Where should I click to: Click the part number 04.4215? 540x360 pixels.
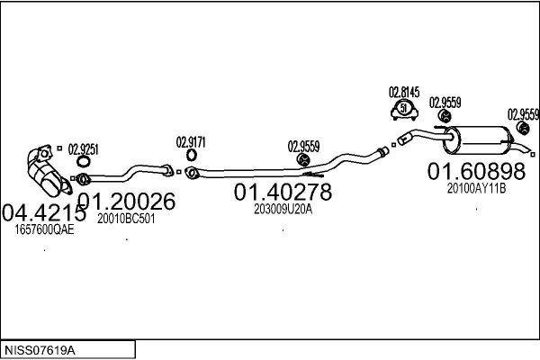44,212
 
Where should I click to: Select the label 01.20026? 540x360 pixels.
127,202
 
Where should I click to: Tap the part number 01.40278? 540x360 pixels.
283,192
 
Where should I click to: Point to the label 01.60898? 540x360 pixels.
477,171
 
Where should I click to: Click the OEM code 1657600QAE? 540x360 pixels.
44,229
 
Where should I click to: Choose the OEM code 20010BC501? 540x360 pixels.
126,219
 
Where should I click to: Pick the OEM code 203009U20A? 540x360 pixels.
283,209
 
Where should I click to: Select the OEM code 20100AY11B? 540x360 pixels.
477,188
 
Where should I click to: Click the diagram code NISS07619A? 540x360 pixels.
40,351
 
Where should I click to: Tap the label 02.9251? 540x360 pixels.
83,149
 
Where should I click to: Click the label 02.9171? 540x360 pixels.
191,142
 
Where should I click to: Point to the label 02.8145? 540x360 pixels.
404,93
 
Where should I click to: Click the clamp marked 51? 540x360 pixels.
404,110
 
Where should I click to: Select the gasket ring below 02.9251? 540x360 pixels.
83,161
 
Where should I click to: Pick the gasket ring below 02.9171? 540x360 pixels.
192,156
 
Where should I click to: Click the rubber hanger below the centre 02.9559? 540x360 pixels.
303,159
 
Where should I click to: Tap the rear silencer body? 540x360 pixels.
478,140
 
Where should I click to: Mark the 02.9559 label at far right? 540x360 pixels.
524,114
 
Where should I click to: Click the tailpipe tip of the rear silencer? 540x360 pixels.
529,150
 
